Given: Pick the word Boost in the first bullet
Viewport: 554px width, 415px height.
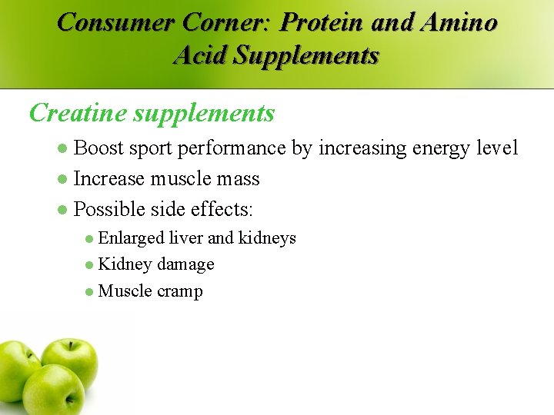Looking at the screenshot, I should (x=100, y=148).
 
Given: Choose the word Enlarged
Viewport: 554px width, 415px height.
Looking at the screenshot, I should (x=131, y=238).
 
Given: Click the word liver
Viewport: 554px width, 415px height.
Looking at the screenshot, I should (x=187, y=238).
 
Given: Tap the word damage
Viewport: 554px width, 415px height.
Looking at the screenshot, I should (x=185, y=264).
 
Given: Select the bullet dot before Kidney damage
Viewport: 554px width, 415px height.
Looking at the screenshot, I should (x=89, y=265).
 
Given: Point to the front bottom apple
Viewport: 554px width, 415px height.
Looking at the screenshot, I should (x=52, y=390).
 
